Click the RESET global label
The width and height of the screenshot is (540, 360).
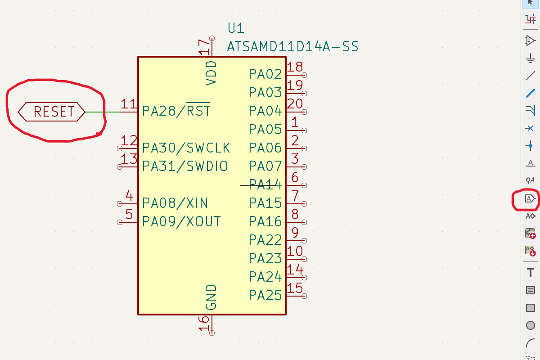(x=52, y=112)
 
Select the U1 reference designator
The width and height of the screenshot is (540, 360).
(x=236, y=28)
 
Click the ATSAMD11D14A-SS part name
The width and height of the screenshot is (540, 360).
(x=292, y=46)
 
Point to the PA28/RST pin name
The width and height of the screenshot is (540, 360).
(x=176, y=111)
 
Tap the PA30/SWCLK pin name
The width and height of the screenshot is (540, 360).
(x=186, y=148)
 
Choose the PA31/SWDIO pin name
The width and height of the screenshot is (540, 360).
(x=185, y=166)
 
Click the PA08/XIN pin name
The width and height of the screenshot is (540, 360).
(x=175, y=203)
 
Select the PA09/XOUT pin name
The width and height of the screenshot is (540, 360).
(x=181, y=221)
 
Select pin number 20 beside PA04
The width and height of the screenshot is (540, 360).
(x=295, y=104)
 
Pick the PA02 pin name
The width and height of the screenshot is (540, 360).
(x=265, y=74)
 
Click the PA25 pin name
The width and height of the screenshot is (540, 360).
(x=265, y=296)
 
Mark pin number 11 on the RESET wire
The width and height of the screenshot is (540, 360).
(x=129, y=104)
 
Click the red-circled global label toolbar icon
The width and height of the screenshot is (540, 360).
(x=531, y=198)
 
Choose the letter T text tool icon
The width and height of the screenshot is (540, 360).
(x=531, y=273)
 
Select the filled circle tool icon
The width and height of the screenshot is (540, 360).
(x=531, y=325)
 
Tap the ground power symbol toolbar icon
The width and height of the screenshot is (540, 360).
(x=531, y=58)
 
